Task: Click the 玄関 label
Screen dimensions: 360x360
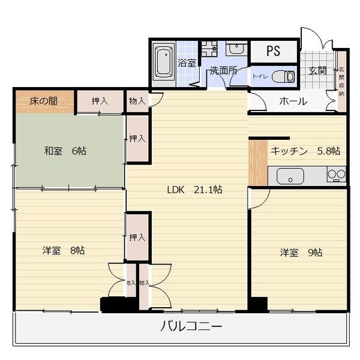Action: (x=317, y=70)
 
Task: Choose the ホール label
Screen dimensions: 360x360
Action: (x=293, y=101)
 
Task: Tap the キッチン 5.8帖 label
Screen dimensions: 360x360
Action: (x=305, y=151)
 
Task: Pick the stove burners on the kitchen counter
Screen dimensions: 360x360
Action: (x=336, y=175)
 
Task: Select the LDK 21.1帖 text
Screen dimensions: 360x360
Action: (x=194, y=190)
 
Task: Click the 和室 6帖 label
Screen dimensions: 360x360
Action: (x=65, y=151)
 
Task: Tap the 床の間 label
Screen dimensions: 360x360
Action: (x=44, y=101)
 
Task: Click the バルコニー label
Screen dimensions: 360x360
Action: (x=191, y=327)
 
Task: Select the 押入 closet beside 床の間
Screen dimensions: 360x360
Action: (x=100, y=101)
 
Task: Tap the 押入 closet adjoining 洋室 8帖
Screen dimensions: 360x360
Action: (x=137, y=237)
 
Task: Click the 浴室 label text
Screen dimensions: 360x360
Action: (x=187, y=62)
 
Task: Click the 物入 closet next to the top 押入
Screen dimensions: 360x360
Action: (x=137, y=101)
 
